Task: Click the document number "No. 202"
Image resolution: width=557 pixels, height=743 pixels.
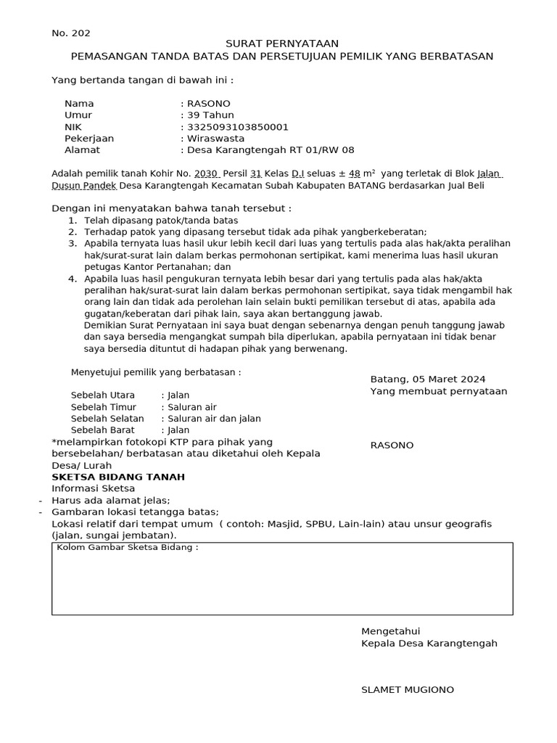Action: coord(71,33)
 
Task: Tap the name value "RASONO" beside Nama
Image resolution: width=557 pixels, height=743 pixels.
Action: coord(209,104)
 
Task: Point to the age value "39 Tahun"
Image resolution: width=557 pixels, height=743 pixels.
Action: coord(210,115)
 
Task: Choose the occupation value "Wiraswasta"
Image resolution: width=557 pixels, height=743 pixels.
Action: coord(215,139)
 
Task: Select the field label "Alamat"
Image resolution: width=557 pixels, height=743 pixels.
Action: coord(82,150)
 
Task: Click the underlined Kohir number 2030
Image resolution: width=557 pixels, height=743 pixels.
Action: coord(206,174)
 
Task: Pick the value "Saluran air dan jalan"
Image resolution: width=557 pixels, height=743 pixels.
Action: coord(214,419)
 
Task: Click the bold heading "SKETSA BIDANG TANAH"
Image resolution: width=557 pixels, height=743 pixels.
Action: coord(118,477)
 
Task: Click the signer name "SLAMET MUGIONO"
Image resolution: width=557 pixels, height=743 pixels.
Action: coord(408,690)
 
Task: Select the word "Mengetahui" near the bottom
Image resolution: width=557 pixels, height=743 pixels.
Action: coord(390,631)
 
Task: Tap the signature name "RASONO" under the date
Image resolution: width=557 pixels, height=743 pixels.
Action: coord(392,446)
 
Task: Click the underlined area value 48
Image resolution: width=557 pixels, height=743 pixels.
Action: coord(355,174)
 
